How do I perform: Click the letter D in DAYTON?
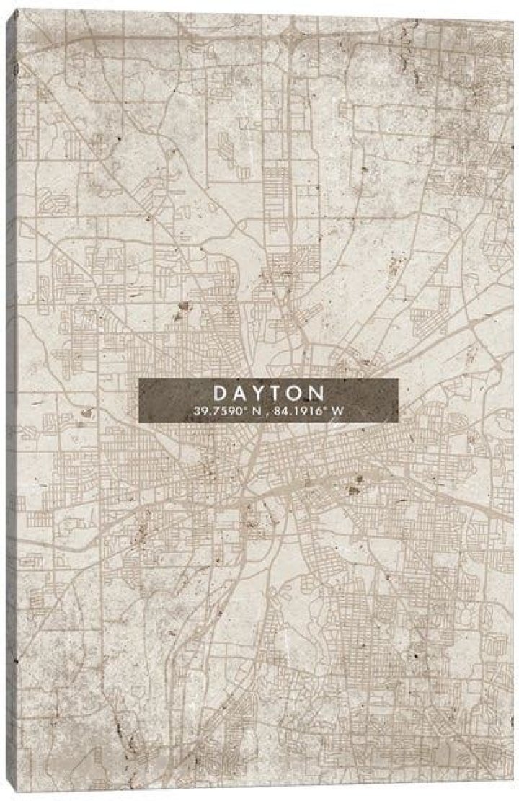click(x=219, y=393)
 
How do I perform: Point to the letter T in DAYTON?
click(x=277, y=393)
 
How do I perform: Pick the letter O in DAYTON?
click(x=296, y=393)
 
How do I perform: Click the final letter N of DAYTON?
click(x=316, y=393)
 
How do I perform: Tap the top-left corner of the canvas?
click(x=17, y=10)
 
